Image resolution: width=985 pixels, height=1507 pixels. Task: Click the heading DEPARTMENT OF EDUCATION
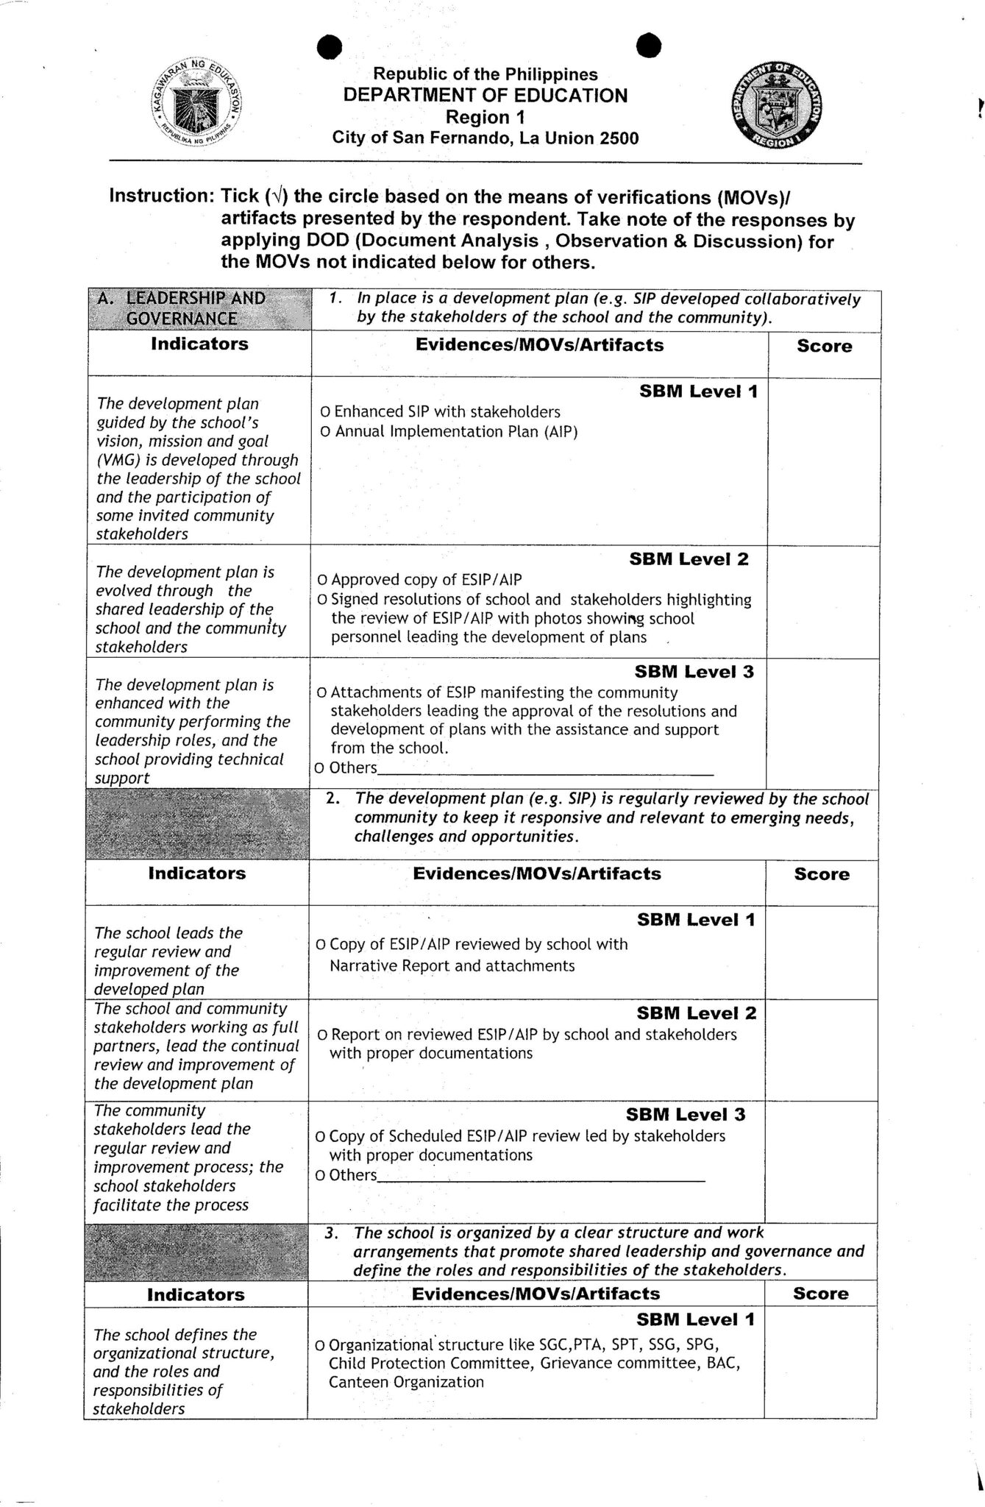(x=486, y=96)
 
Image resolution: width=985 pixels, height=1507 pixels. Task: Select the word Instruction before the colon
(x=156, y=196)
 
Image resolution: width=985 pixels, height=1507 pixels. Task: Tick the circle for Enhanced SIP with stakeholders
(x=325, y=413)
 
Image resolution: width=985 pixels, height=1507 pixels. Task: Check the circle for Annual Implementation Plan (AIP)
(x=325, y=432)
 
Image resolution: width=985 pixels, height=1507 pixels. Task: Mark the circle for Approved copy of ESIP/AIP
(x=322, y=581)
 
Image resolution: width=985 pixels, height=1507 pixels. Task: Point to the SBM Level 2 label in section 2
(x=696, y=1013)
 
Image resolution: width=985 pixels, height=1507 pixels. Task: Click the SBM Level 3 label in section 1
(x=694, y=671)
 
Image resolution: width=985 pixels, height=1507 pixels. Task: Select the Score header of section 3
(x=820, y=1294)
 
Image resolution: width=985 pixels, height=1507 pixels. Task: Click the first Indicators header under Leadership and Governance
(x=199, y=344)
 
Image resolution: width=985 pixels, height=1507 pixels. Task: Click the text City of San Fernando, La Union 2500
(x=486, y=138)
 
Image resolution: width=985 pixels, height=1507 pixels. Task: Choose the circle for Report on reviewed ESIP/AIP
(x=322, y=1035)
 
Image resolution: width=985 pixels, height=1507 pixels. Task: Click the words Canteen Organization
(x=406, y=1381)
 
